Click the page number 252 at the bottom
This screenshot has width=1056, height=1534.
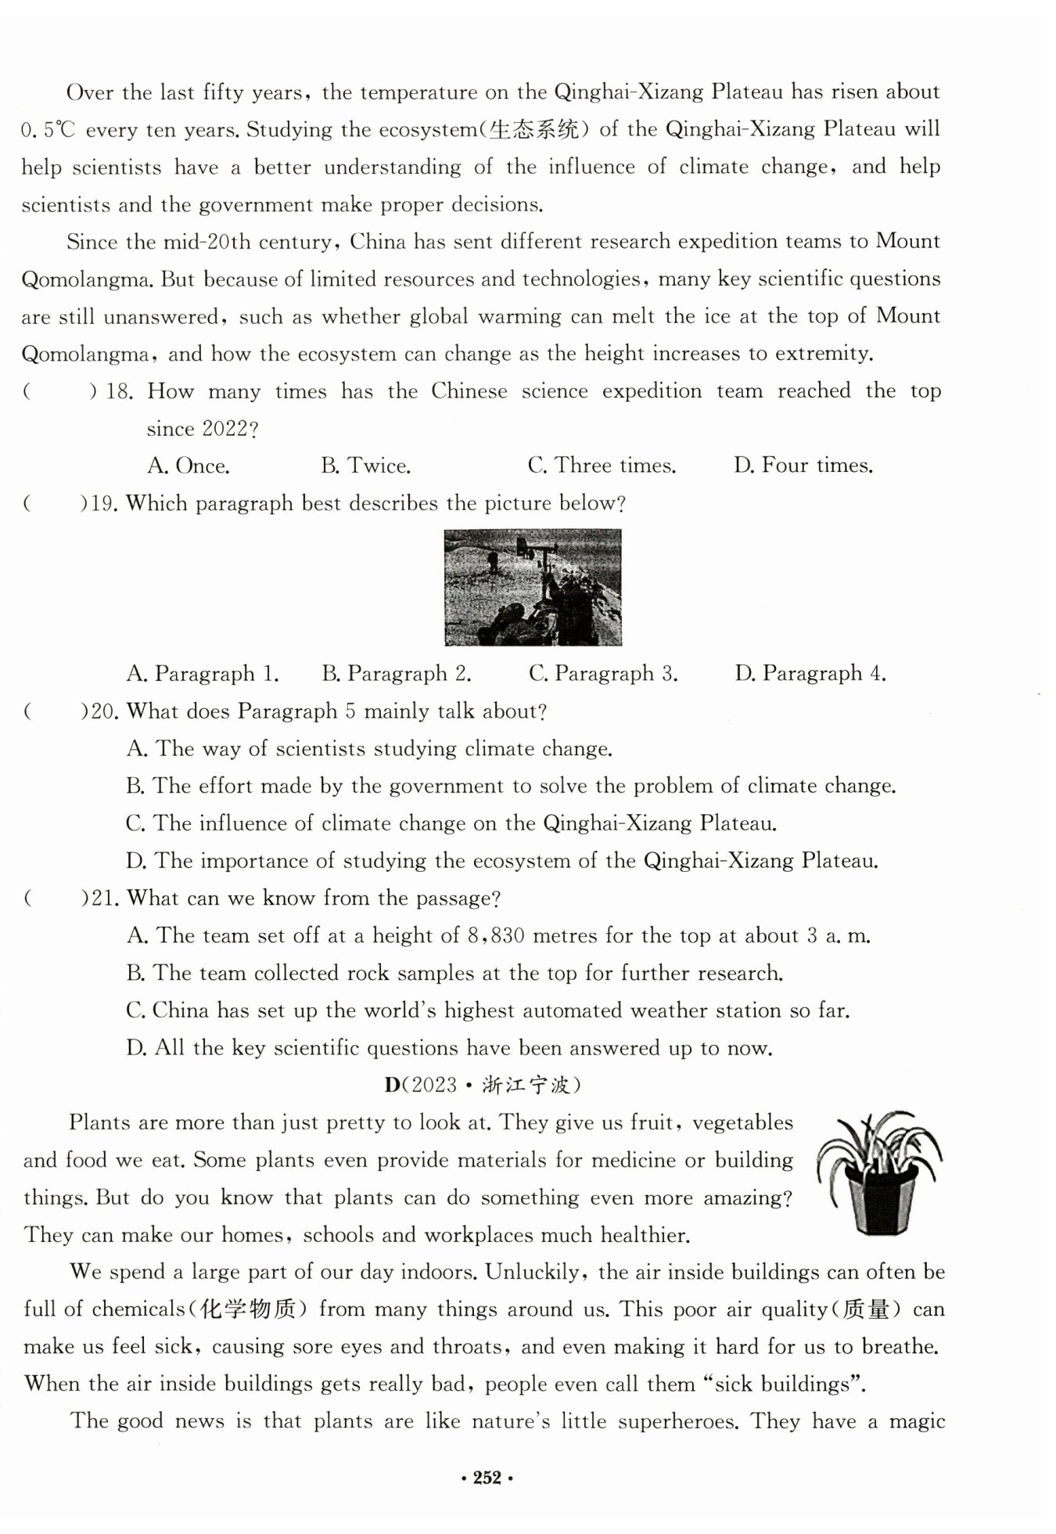click(486, 1478)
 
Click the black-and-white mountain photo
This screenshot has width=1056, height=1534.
click(533, 587)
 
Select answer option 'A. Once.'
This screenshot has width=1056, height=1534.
click(189, 466)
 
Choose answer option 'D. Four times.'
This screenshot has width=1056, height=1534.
click(803, 466)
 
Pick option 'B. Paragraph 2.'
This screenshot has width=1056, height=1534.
click(397, 674)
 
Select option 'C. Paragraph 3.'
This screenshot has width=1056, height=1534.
click(603, 674)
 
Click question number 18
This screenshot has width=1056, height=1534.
click(120, 391)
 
